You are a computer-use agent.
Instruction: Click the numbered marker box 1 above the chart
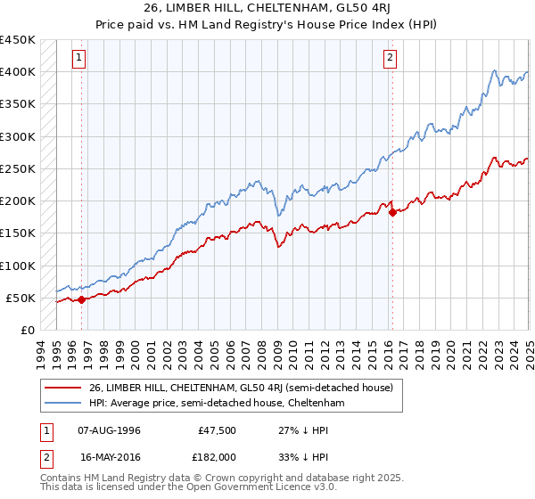coord(78,59)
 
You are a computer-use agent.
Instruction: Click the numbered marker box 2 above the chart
coord(390,59)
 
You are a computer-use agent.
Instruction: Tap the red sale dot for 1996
coord(81,299)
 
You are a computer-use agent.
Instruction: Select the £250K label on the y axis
coord(18,168)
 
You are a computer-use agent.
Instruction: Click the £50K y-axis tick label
coord(21,298)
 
